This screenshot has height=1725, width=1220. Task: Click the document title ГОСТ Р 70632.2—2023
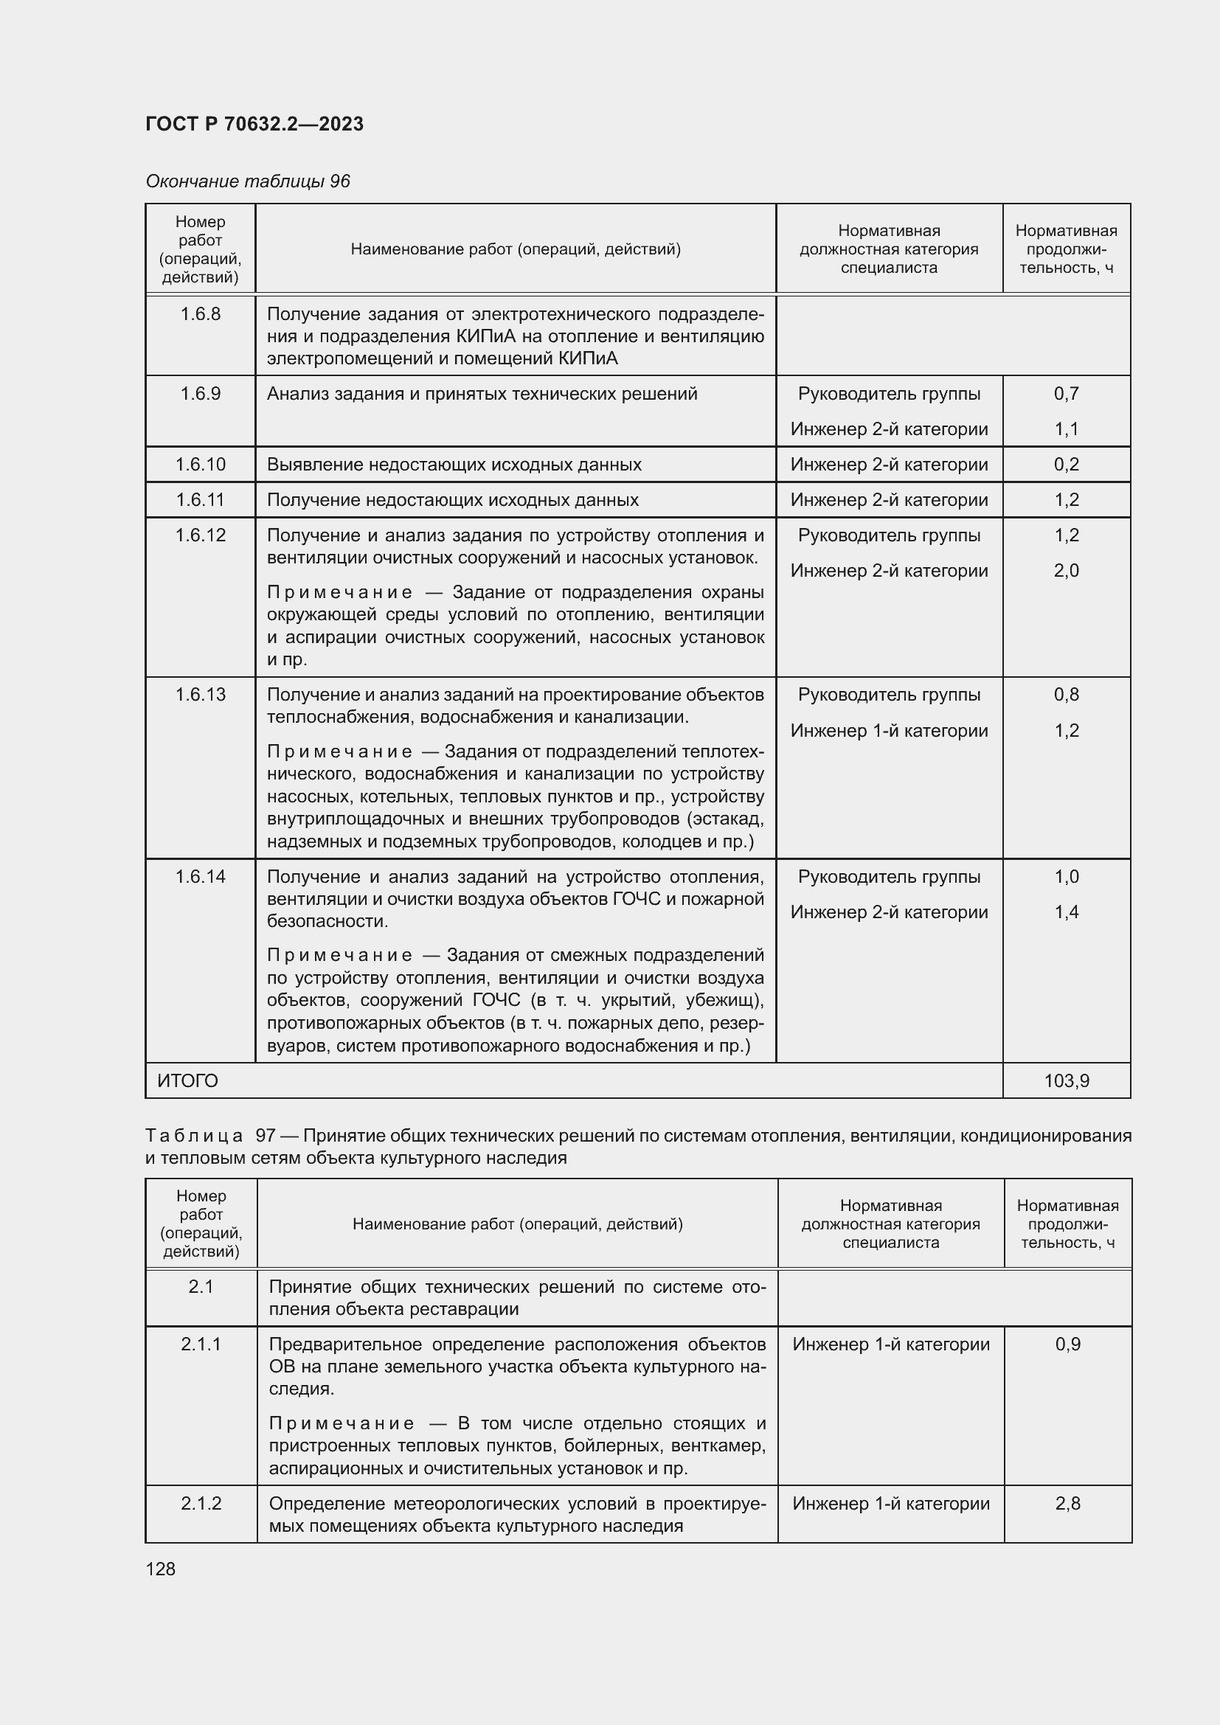[x=254, y=124]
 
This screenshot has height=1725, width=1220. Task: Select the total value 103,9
[x=1066, y=1080]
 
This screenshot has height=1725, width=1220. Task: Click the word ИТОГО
[x=188, y=1080]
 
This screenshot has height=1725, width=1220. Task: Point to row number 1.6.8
[x=201, y=314]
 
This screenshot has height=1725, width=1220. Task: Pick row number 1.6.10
[x=201, y=465]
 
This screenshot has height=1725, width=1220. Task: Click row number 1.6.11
[x=201, y=499]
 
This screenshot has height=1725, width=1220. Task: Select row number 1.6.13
[x=201, y=694]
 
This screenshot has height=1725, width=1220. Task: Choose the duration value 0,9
[x=1067, y=1344]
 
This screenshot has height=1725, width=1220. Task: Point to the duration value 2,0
[x=1066, y=570]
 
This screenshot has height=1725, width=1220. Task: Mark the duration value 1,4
[x=1066, y=912]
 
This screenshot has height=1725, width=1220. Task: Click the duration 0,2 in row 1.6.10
[x=1066, y=465]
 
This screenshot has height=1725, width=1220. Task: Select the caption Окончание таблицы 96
[x=248, y=181]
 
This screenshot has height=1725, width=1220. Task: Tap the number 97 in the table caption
[x=266, y=1135]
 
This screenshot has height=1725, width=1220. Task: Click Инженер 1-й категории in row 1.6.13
[x=889, y=730]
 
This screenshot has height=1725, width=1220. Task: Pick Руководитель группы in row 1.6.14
[x=889, y=877]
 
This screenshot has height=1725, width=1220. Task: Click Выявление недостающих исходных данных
[x=454, y=465]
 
